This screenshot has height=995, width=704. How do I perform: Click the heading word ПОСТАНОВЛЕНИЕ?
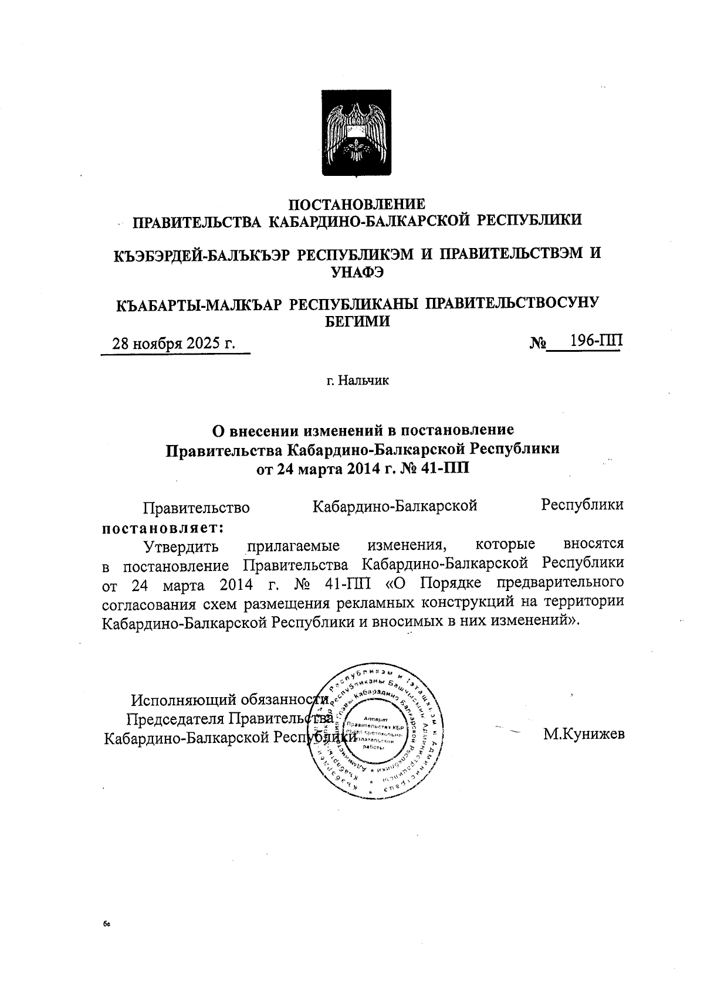tap(358, 205)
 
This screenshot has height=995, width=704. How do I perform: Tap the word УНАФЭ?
tap(358, 270)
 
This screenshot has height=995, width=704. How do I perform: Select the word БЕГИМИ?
tap(357, 320)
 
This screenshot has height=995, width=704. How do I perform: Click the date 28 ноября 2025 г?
tap(174, 343)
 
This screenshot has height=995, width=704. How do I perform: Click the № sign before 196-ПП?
tap(537, 343)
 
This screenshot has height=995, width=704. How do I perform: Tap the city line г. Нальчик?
tap(358, 381)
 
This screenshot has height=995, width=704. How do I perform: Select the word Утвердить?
tap(181, 546)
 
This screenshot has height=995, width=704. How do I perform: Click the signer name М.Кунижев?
tap(584, 734)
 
